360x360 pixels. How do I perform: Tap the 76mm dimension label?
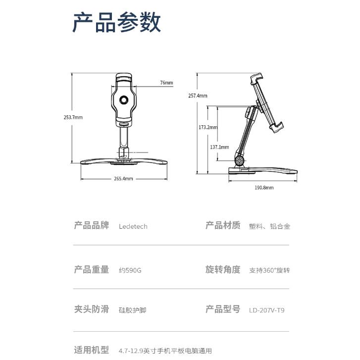click(166, 83)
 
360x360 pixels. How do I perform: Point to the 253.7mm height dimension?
click(73, 117)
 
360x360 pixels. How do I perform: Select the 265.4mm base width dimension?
click(123, 178)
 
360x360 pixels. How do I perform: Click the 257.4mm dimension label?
click(198, 96)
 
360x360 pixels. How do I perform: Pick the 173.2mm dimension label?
click(208, 127)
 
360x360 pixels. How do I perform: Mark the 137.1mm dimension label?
click(219, 147)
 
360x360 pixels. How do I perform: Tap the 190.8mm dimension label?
click(264, 188)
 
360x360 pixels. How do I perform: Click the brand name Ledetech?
click(133, 226)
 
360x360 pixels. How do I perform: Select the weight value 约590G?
click(130, 270)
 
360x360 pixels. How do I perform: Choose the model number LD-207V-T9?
click(267, 310)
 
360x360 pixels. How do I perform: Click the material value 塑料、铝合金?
click(269, 226)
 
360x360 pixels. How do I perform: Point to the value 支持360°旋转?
click(269, 270)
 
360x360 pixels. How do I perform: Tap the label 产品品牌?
click(91, 226)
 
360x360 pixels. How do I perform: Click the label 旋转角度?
click(223, 270)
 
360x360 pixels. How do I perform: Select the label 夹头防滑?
click(91, 309)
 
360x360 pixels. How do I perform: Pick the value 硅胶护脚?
click(132, 310)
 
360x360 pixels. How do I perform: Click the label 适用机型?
click(91, 350)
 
